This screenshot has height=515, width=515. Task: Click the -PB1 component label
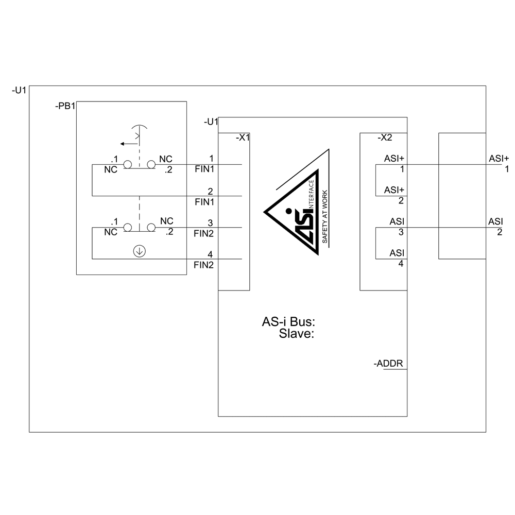point(65,107)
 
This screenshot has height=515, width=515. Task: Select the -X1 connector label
point(242,138)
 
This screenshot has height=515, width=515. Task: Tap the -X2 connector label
point(384,138)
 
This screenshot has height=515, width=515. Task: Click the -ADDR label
point(388,364)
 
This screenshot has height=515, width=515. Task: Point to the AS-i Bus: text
point(288,322)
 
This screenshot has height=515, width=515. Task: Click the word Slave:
point(297,334)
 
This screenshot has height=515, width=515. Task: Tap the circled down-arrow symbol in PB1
point(139,251)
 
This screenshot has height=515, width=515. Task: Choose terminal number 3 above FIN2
point(211,222)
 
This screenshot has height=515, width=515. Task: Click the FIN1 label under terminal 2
point(204,202)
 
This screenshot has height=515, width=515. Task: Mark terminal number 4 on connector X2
point(401,263)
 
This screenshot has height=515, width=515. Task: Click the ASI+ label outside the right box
point(499,158)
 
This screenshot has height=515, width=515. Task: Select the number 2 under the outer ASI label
point(500,232)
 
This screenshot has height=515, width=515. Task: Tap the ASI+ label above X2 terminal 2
point(394,190)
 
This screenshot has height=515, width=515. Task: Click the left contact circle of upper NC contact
point(127,164)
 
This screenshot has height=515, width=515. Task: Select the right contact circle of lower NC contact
point(151,227)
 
